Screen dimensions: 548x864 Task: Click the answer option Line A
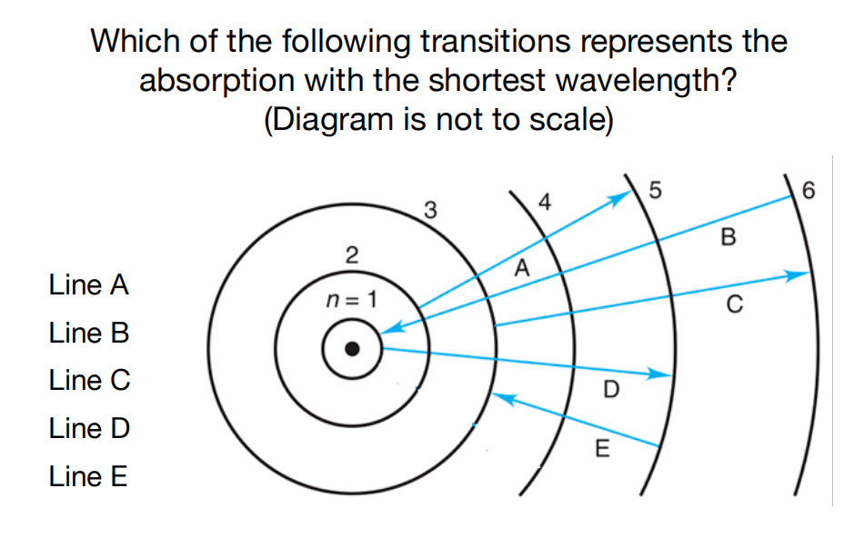pos(89,285)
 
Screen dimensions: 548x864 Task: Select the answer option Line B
pos(89,333)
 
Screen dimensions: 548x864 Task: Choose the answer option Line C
pos(89,380)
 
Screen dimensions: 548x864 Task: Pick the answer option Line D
pos(89,427)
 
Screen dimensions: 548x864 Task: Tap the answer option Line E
pos(89,475)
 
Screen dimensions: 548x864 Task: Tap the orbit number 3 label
pos(430,213)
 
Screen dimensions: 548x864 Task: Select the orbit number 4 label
pos(545,202)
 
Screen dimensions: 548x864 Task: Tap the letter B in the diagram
pos(726,238)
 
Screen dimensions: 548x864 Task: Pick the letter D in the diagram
pos(611,391)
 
